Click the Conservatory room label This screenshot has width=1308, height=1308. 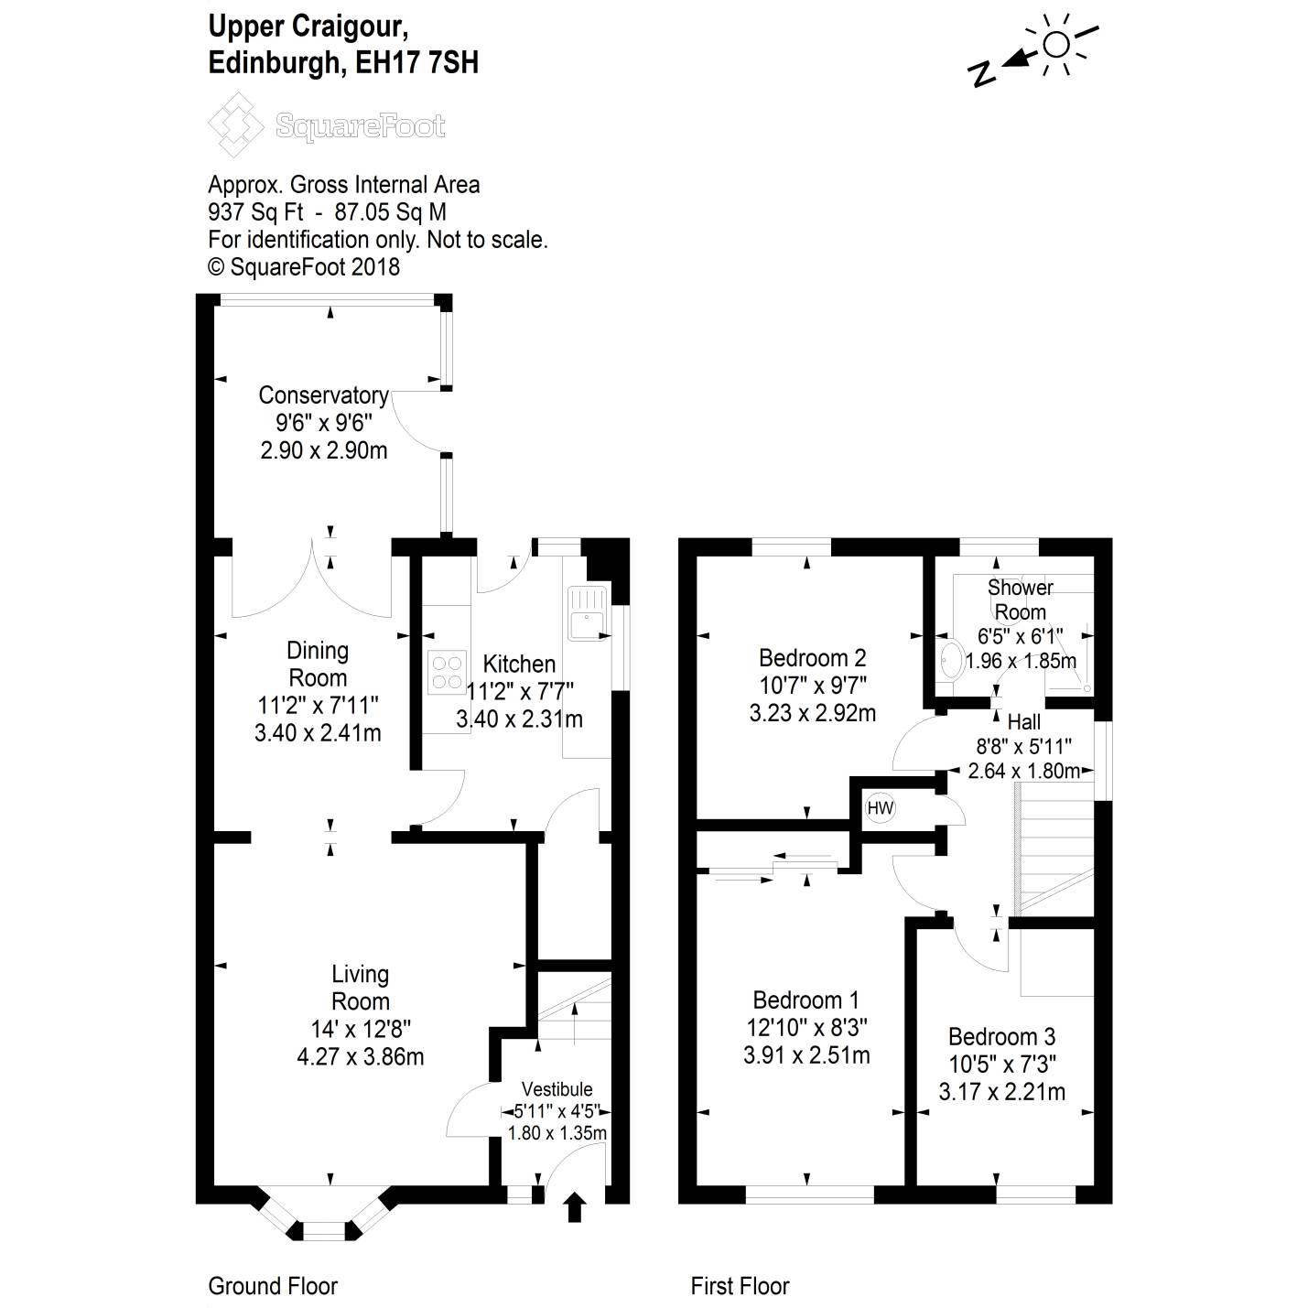coord(323,395)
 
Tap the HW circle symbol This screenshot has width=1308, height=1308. coord(880,807)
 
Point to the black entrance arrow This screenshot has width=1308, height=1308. coord(574,1206)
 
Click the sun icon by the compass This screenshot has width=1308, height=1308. coord(1056,44)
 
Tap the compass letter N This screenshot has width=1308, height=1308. coord(982,73)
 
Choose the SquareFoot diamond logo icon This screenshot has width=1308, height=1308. coord(236,124)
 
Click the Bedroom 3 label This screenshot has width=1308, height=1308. coord(1001,1037)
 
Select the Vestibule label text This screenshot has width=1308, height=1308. coord(557,1089)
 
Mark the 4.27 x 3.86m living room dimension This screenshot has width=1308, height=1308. coord(361,1057)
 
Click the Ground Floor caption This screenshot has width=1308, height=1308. coord(273,1286)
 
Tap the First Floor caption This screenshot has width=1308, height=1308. coord(740,1286)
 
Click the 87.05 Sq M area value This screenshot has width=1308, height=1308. coord(391,212)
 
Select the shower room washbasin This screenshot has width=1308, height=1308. coord(951,659)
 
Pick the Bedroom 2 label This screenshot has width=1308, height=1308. coord(812,658)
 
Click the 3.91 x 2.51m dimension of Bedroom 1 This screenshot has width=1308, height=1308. coord(806,1055)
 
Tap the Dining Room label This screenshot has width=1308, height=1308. coord(318,664)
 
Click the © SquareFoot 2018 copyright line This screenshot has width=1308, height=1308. coord(304,267)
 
